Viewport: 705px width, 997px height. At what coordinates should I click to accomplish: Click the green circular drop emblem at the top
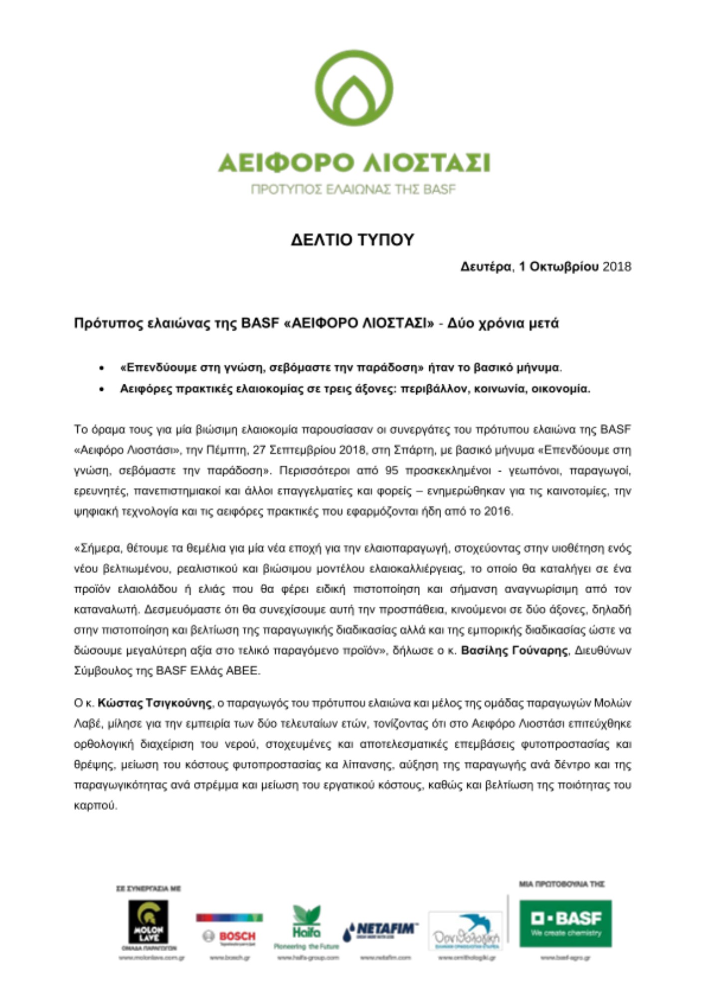(x=354, y=88)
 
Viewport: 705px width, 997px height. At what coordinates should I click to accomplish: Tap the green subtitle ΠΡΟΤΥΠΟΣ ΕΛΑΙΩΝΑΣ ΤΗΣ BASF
(x=353, y=189)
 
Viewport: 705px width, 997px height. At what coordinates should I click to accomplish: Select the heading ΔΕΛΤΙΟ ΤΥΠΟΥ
(x=352, y=240)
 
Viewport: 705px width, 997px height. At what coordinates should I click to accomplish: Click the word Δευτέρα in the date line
(x=485, y=267)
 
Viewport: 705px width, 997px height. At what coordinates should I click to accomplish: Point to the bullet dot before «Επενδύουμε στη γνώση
(x=102, y=368)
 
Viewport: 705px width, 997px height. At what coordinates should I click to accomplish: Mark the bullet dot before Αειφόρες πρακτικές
(x=102, y=389)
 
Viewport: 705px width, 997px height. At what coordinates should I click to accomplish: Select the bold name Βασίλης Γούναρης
(x=514, y=651)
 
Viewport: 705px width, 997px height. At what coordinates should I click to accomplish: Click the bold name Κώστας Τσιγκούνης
(x=155, y=703)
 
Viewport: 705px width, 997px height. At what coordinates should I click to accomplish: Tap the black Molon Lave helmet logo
(x=148, y=922)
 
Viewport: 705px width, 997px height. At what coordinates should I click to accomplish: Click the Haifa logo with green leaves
(x=306, y=927)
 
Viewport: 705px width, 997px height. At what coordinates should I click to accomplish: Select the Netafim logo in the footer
(x=380, y=931)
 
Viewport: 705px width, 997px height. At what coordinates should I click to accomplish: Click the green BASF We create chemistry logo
(x=565, y=924)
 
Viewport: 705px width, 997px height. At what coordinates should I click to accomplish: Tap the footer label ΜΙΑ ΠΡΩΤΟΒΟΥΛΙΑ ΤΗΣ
(x=561, y=884)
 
